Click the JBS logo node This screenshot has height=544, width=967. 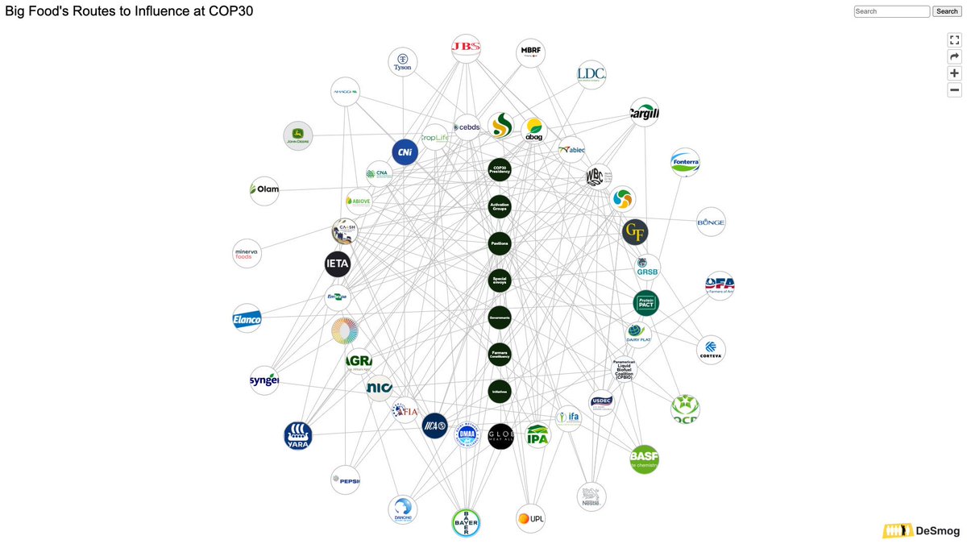[466, 48]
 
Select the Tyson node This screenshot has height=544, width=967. [402, 62]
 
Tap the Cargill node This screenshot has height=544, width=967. [644, 114]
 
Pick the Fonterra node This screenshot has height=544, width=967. [685, 162]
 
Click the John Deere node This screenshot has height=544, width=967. [297, 135]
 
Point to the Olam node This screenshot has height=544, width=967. [264, 190]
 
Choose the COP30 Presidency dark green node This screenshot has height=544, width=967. [500, 170]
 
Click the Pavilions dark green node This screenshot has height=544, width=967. [500, 243]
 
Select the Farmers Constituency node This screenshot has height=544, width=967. [500, 355]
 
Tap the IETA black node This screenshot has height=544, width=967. [337, 264]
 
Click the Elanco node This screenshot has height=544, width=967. [247, 318]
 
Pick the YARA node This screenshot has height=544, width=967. [297, 435]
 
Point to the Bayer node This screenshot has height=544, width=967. [466, 522]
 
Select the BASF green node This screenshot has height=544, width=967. [644, 459]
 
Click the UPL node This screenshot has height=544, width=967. [531, 518]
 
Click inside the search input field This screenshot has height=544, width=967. [891, 11]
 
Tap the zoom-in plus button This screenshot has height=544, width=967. [954, 73]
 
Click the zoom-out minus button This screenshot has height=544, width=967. [954, 90]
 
